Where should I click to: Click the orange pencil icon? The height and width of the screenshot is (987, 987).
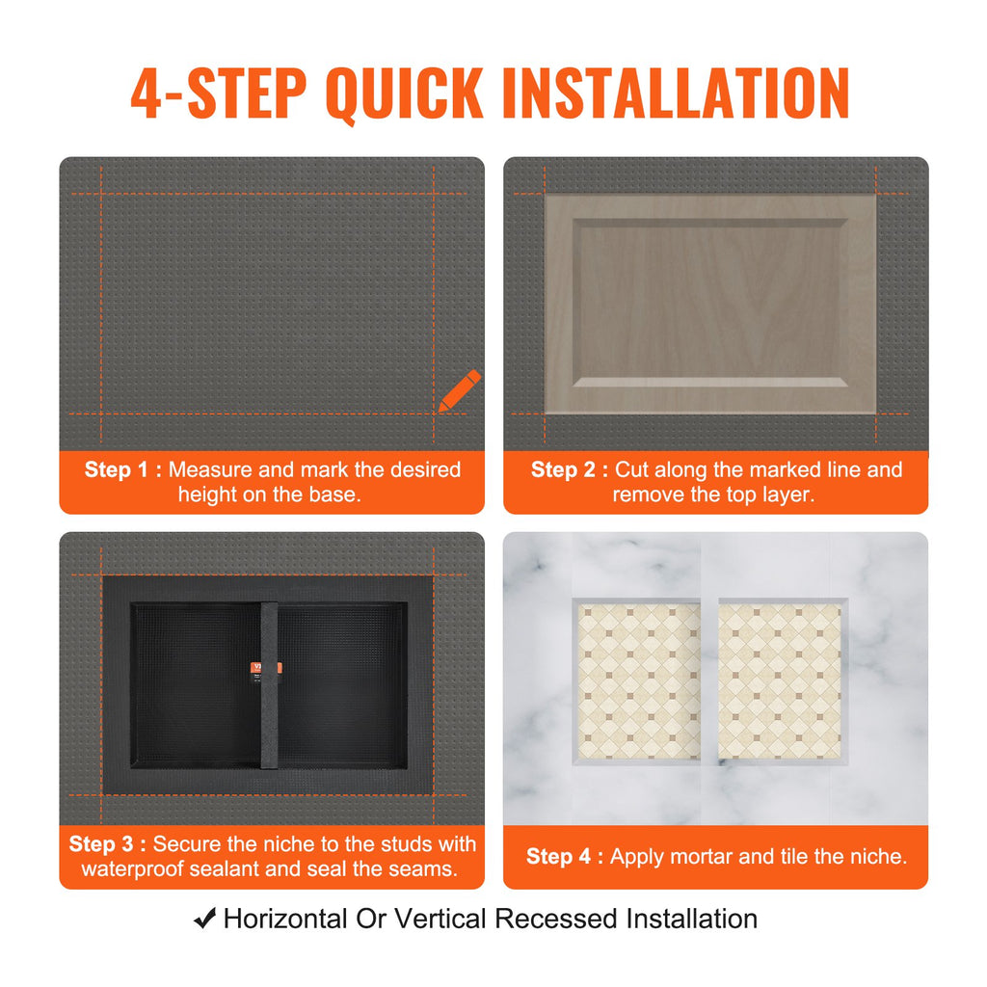pyautogui.click(x=460, y=390)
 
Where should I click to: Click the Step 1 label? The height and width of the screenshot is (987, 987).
pyautogui.click(x=116, y=469)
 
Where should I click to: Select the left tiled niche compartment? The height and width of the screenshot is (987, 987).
pyautogui.click(x=638, y=680)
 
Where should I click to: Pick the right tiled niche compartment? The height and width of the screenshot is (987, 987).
pyautogui.click(x=780, y=680)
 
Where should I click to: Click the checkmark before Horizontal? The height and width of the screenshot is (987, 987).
pyautogui.click(x=204, y=919)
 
